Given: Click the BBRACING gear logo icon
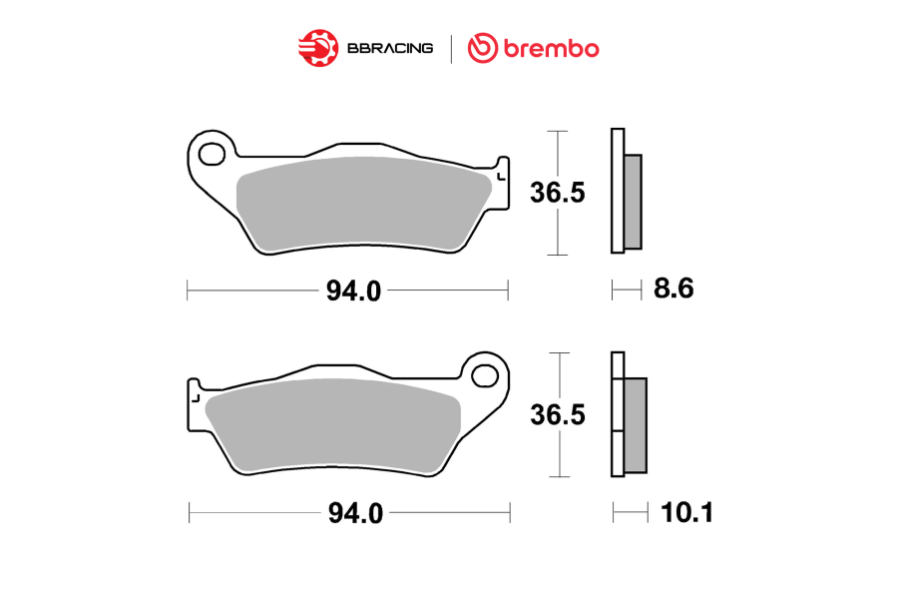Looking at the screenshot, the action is (x=318, y=48).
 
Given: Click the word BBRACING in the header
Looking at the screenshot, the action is (x=390, y=48).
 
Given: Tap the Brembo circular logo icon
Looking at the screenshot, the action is (x=482, y=48).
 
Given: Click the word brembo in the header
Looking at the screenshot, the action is (x=551, y=49).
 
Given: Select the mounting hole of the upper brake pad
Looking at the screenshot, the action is (x=212, y=154).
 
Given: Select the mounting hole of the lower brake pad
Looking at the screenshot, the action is (x=485, y=376).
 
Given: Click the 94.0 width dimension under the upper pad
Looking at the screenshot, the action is (x=353, y=291).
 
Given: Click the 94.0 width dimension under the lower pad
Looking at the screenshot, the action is (x=355, y=513).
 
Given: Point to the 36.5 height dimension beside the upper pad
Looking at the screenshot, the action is (x=557, y=193).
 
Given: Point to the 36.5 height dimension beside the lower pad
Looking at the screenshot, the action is (x=557, y=414).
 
